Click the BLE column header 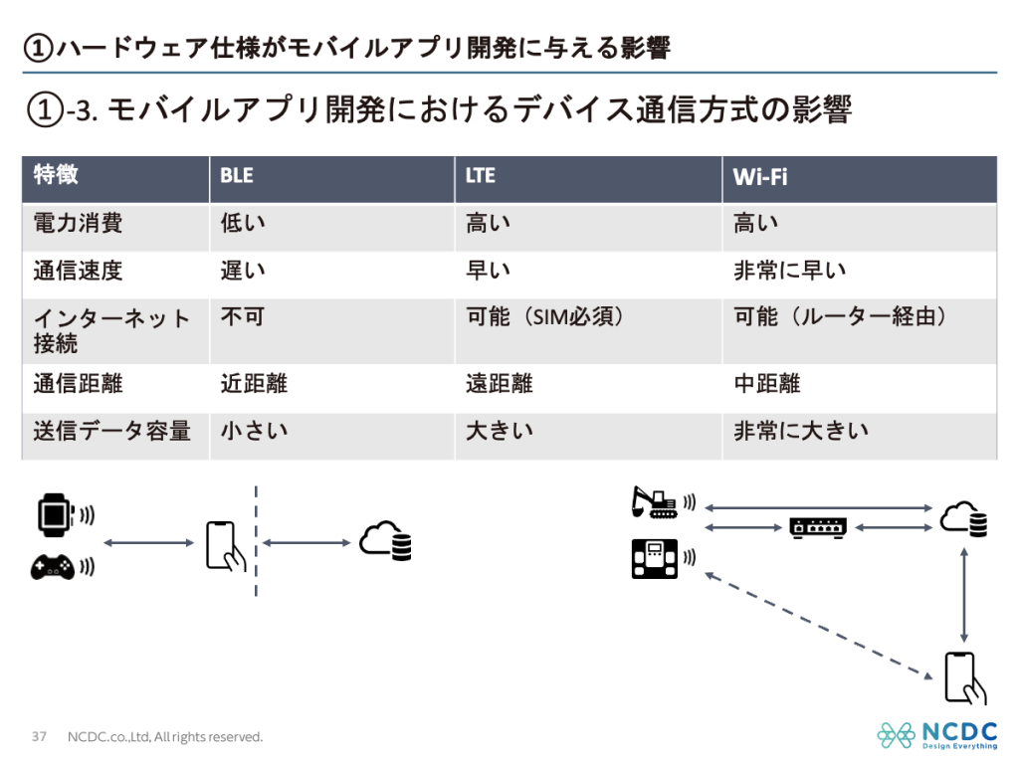click(237, 176)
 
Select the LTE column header click(481, 176)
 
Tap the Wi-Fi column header click(760, 177)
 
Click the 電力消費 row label click(79, 224)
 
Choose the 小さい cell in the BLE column click(254, 431)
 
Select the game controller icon click(53, 567)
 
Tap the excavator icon click(655, 501)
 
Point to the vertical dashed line click(257, 542)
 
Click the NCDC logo click(935, 735)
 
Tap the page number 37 click(40, 737)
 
